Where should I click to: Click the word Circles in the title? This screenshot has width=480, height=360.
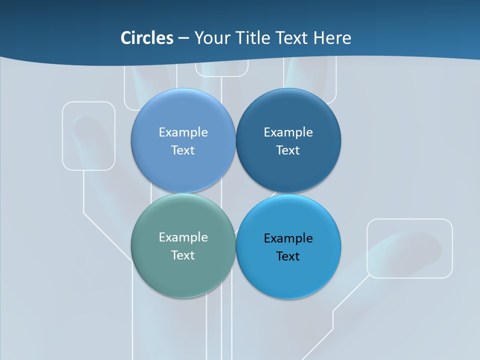pos(147,38)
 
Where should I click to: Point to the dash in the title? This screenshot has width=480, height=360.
pos(183,38)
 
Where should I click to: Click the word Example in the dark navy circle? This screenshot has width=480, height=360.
pos(288,132)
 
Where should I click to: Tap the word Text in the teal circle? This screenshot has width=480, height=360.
pos(183,255)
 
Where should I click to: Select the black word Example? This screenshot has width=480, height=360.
pos(288,238)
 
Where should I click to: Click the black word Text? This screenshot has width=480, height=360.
pos(288,256)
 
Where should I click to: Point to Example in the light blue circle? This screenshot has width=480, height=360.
pos(183,132)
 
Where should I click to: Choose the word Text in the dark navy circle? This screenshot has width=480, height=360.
pos(288,150)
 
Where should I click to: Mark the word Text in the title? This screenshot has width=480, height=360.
pos(292,38)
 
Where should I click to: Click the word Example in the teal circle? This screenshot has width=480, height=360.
pos(183,237)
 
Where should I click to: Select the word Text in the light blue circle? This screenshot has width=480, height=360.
pos(183,150)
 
